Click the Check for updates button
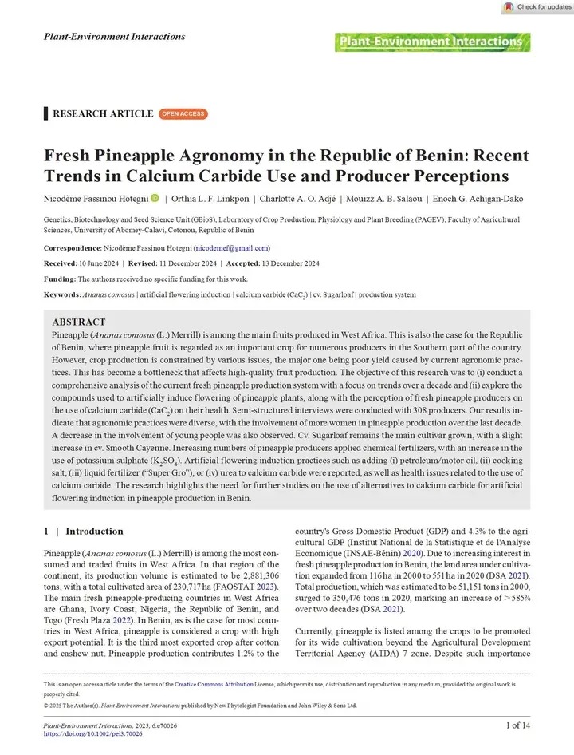point(537,7)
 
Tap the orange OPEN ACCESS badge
point(183,114)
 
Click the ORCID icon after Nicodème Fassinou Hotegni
point(154,197)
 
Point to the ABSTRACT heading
point(79,322)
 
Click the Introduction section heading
point(93,531)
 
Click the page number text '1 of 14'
point(524,725)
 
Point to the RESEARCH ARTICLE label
point(102,113)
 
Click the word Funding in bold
point(58,279)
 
